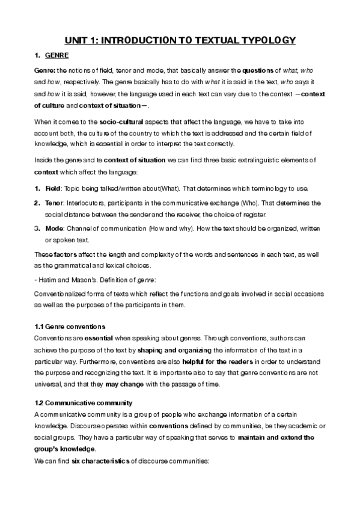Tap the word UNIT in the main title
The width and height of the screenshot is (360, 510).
coord(78,40)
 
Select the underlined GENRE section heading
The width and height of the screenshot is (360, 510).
coord(57,56)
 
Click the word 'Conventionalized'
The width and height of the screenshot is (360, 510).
coord(60,294)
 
